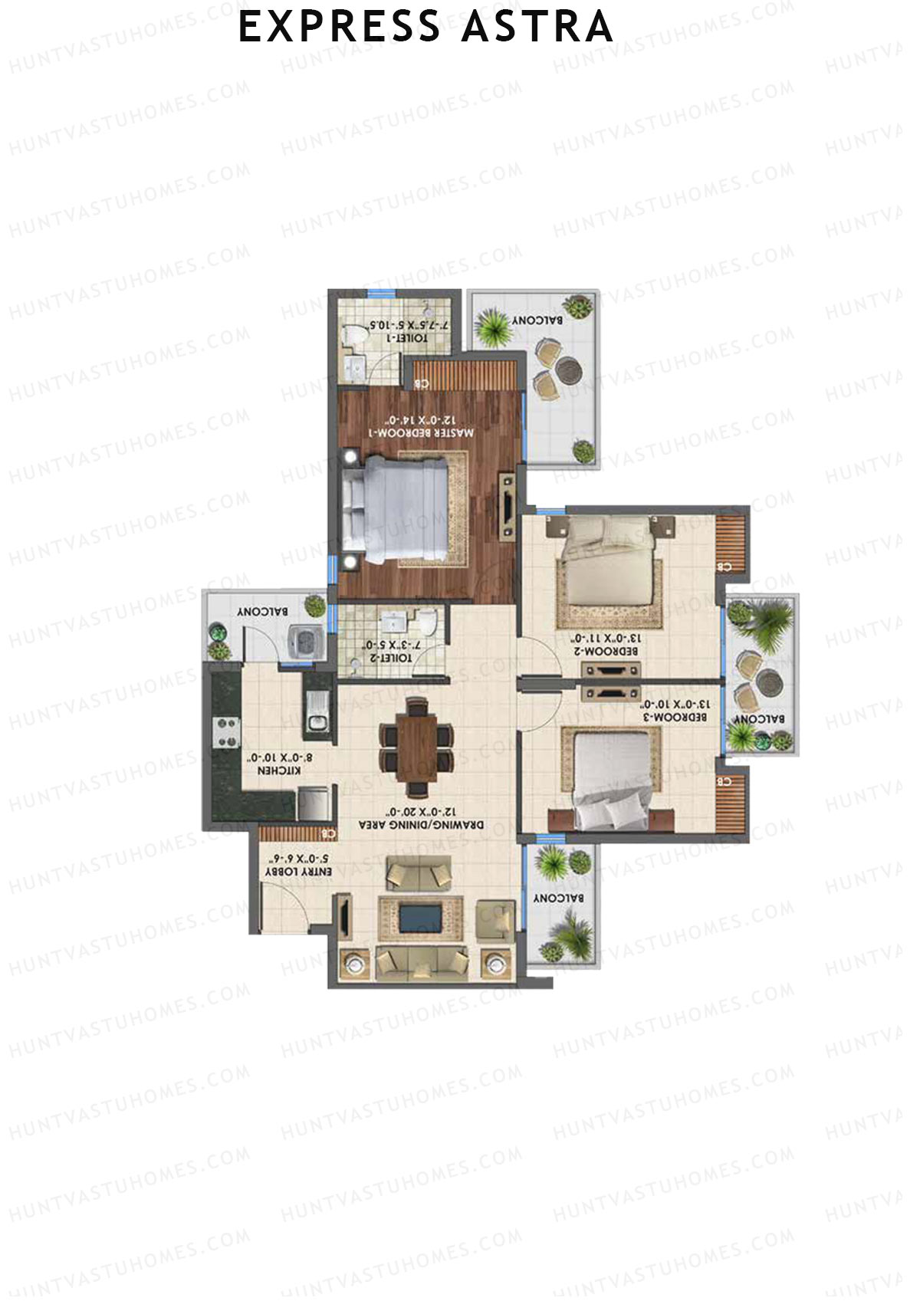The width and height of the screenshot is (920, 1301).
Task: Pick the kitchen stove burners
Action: tap(225, 731)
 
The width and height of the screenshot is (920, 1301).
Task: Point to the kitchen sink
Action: tap(317, 712)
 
